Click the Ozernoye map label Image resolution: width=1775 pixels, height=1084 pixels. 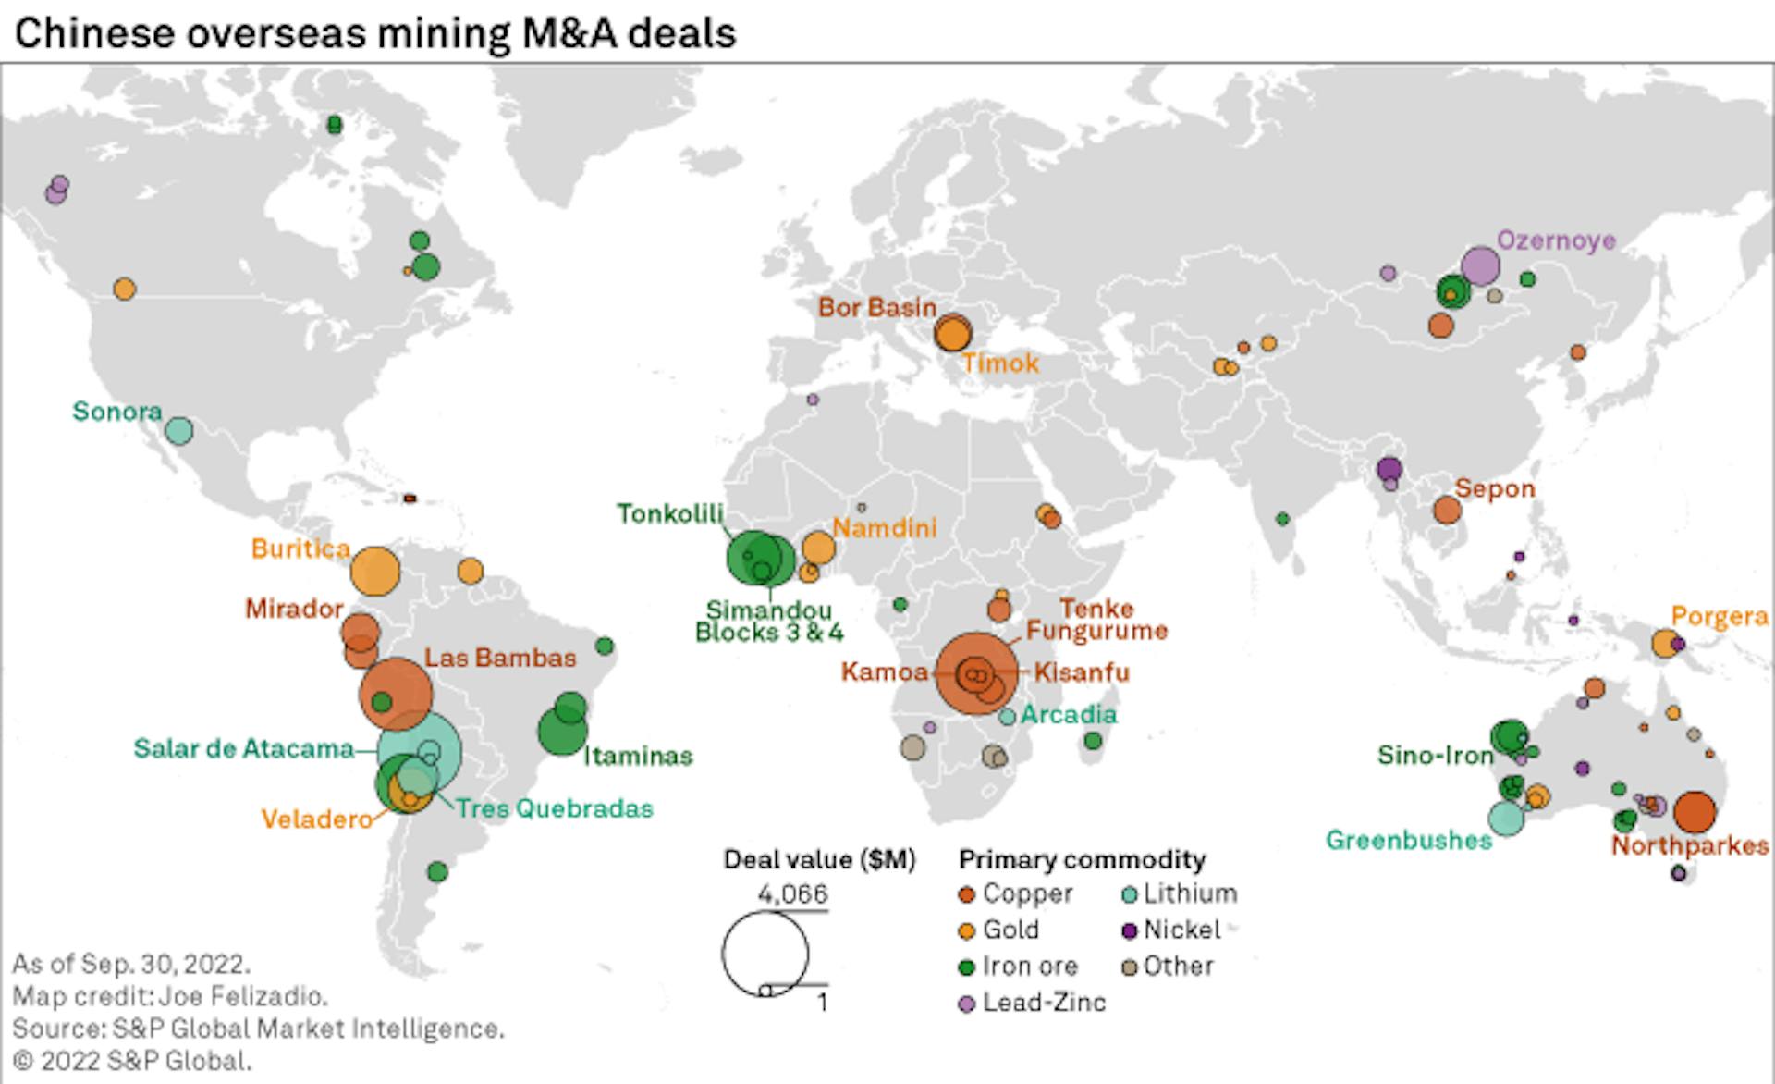click(1556, 240)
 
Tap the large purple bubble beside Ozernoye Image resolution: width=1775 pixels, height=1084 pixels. click(1480, 266)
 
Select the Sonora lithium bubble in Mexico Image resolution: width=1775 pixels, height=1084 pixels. click(178, 430)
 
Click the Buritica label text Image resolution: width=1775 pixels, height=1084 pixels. click(300, 548)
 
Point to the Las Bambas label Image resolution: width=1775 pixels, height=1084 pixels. click(500, 658)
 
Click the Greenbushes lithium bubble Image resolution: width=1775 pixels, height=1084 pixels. click(1505, 818)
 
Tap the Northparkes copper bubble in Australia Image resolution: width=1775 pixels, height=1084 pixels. click(1695, 813)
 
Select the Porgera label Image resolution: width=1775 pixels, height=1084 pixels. click(1720, 616)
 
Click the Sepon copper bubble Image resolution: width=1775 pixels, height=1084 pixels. click(1447, 510)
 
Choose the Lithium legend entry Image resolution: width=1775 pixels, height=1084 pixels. click(1189, 893)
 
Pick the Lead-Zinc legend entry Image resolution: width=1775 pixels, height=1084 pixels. click(1043, 1003)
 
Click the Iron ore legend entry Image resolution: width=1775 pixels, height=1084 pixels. click(1029, 967)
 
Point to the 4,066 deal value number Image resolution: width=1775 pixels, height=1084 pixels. click(792, 894)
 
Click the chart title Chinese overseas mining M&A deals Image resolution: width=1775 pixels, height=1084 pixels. click(375, 33)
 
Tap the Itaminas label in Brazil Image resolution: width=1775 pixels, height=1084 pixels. click(638, 756)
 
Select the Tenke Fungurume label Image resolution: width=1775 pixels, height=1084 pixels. click(1096, 620)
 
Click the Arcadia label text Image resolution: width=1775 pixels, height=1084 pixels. click(1068, 714)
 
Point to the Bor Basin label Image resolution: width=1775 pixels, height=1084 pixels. click(876, 307)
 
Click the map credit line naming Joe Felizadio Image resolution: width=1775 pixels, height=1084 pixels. click(170, 996)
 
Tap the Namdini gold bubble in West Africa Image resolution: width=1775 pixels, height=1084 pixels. click(818, 548)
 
